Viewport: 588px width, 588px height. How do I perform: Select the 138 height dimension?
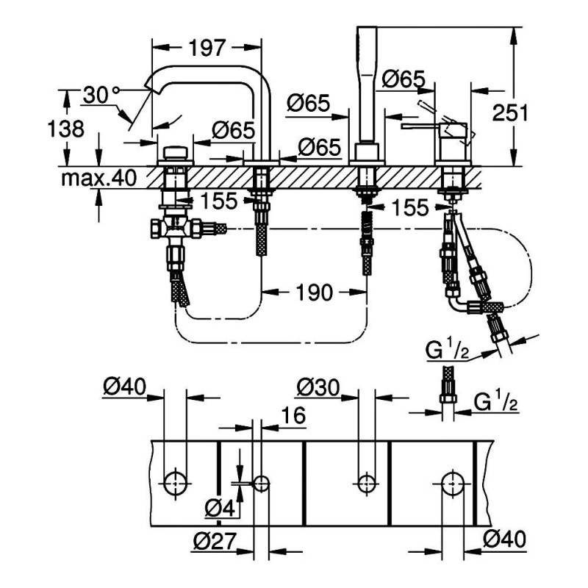click(70, 129)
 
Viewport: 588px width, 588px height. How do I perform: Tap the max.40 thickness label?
click(103, 178)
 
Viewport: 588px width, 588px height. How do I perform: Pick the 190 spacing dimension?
click(315, 292)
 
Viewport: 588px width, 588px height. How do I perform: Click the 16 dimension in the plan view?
click(293, 417)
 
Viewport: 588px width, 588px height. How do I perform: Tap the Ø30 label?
click(318, 386)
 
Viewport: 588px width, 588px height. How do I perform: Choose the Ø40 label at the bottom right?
click(505, 541)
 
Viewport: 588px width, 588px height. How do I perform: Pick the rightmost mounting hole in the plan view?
click(453, 483)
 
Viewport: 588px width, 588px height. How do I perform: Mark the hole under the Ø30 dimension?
click(365, 483)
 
